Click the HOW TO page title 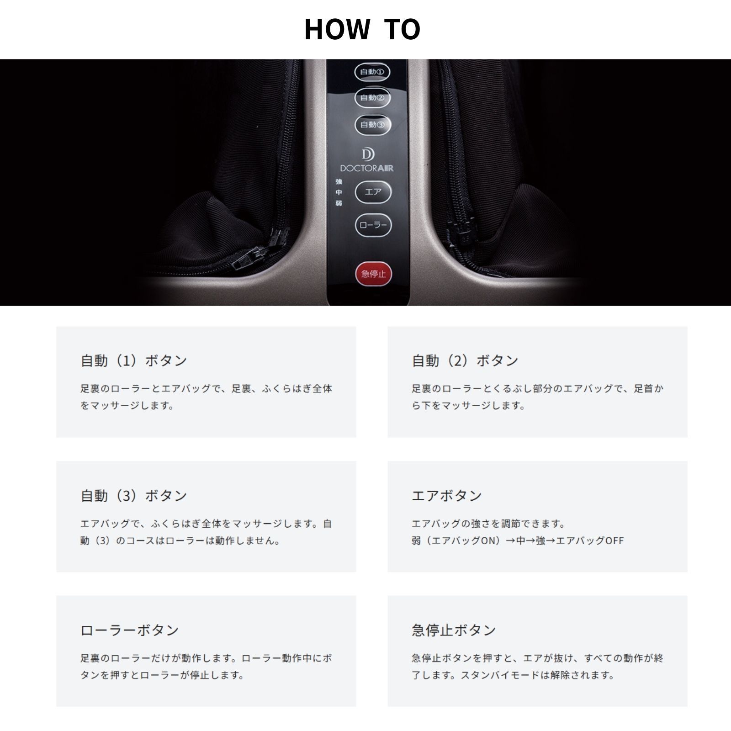click(x=362, y=29)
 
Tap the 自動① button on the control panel click(x=372, y=72)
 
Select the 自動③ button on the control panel click(x=373, y=124)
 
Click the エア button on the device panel click(x=373, y=191)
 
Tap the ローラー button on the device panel click(x=373, y=225)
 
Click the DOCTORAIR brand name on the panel click(x=367, y=168)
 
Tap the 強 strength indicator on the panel click(x=339, y=181)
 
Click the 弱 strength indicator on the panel click(x=339, y=203)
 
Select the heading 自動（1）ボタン click(x=134, y=360)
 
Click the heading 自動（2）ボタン click(x=465, y=360)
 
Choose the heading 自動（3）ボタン click(x=134, y=495)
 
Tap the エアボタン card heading click(x=447, y=495)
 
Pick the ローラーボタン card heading click(x=130, y=630)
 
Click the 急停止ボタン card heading click(x=454, y=630)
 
